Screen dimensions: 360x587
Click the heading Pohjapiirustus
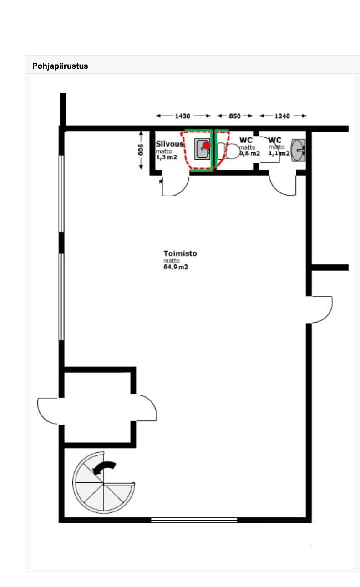60,66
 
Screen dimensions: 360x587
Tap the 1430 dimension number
183,116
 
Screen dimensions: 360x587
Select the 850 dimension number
234,116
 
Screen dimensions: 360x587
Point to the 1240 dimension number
282,116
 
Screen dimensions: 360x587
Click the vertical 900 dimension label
141,150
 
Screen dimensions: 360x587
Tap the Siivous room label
169,144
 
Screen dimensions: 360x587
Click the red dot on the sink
207,145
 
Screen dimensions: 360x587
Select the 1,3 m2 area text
167,157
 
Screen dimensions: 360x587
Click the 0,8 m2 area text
249,153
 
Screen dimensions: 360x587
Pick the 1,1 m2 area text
279,153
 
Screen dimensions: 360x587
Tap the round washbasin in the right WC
298,150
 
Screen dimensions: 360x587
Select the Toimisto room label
180,253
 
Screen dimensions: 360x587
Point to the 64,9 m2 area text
176,267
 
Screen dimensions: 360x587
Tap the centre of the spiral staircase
103,484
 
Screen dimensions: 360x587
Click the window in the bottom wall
194,520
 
